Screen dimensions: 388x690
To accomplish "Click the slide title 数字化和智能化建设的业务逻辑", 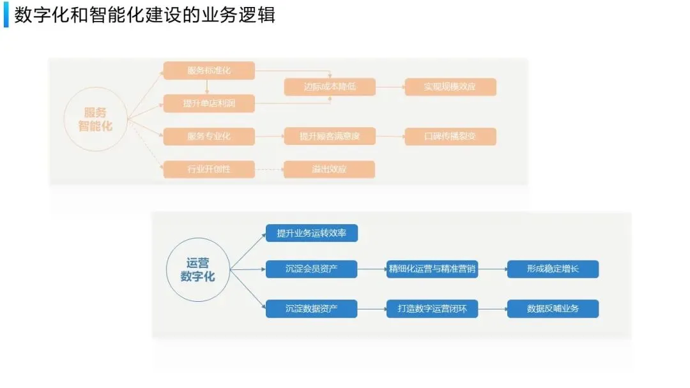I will pyautogui.click(x=144, y=15).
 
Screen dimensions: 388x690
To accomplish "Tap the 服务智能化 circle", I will pyautogui.click(x=95, y=119).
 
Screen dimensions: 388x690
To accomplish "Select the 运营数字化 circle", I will pyautogui.click(x=198, y=269).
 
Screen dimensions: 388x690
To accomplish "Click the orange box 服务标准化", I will pyautogui.click(x=209, y=71).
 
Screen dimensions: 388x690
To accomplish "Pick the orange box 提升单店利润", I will pyautogui.click(x=209, y=103).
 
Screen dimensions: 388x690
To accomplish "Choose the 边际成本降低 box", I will pyautogui.click(x=330, y=87).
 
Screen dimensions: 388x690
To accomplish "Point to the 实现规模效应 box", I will pyautogui.click(x=450, y=87).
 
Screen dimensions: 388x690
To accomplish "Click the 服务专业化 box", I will pyautogui.click(x=209, y=136).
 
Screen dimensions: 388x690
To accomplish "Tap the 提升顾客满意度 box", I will pyautogui.click(x=330, y=136).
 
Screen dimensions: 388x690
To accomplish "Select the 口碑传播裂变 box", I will pyautogui.click(x=450, y=136).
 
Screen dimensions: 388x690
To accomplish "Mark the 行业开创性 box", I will pyautogui.click(x=209, y=169).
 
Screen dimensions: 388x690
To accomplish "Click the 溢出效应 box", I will pyautogui.click(x=330, y=169).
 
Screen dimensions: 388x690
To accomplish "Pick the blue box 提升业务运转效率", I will pyautogui.click(x=312, y=234).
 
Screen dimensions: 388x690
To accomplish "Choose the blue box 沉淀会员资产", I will pyautogui.click(x=312, y=269).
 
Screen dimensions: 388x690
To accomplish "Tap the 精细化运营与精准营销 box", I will pyautogui.click(x=433, y=269).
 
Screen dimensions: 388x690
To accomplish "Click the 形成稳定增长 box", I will pyautogui.click(x=553, y=269).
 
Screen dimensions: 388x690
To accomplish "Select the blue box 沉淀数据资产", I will pyautogui.click(x=312, y=309).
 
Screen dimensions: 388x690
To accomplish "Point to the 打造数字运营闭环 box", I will pyautogui.click(x=433, y=309).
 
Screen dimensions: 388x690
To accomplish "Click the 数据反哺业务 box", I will pyautogui.click(x=553, y=309).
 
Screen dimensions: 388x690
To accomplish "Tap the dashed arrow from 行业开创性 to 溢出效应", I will pyautogui.click(x=269, y=169).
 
